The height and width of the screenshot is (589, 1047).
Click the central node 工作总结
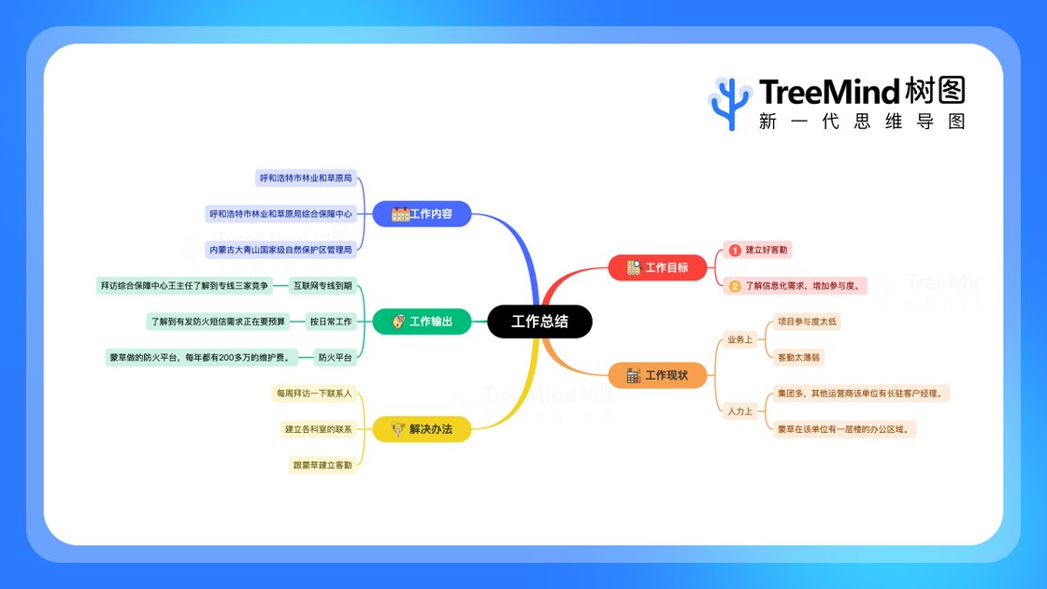[x=539, y=322]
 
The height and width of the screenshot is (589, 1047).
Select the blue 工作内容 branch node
[x=422, y=214]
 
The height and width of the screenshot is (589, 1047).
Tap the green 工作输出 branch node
[x=422, y=322]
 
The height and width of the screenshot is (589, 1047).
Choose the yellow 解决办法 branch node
[x=422, y=430]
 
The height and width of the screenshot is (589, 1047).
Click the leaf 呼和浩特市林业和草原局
[x=306, y=178]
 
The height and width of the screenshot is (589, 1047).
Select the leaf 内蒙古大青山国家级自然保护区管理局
[x=280, y=250]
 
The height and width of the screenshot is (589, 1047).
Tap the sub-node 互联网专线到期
[x=322, y=286]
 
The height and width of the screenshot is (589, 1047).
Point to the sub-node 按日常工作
[x=331, y=322]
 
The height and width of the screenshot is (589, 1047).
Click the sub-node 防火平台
[x=335, y=357]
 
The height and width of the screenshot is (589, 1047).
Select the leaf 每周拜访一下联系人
[x=313, y=394]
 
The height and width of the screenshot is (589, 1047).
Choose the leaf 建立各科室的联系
[x=318, y=429]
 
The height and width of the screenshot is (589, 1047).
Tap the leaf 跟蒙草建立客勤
[x=323, y=465]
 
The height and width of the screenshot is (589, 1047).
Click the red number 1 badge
[x=735, y=251]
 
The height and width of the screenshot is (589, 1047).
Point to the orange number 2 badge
[x=735, y=286]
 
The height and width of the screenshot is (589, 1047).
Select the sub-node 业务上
[x=739, y=339]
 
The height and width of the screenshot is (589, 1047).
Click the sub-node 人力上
[x=739, y=411]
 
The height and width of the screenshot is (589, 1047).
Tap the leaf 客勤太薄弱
[x=799, y=357]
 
